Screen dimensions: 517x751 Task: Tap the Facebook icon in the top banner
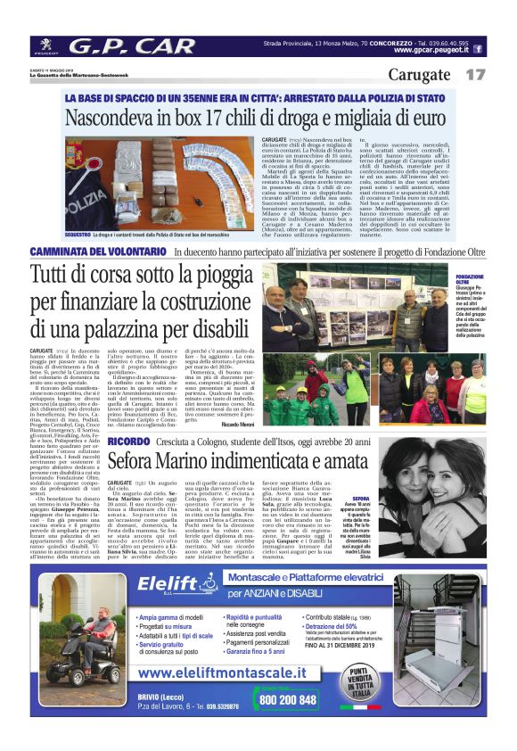pos(478,49)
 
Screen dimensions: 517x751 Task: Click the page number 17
pos(475,75)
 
